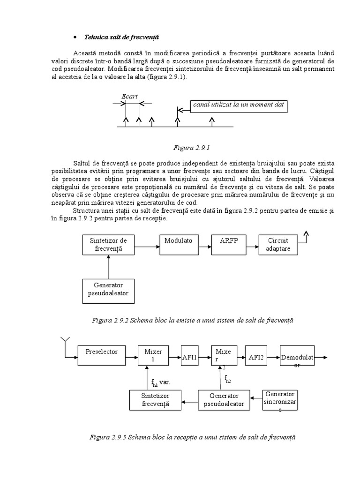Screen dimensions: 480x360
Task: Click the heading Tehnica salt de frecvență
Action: click(121, 37)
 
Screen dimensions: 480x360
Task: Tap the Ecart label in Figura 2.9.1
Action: click(129, 97)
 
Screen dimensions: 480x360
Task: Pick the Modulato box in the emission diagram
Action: click(179, 245)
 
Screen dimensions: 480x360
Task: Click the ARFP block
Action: click(229, 245)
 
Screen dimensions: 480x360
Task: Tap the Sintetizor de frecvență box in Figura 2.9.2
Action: click(108, 245)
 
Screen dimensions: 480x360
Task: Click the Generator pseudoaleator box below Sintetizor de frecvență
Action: click(108, 291)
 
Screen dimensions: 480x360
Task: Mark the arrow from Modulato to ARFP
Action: click(202, 245)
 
